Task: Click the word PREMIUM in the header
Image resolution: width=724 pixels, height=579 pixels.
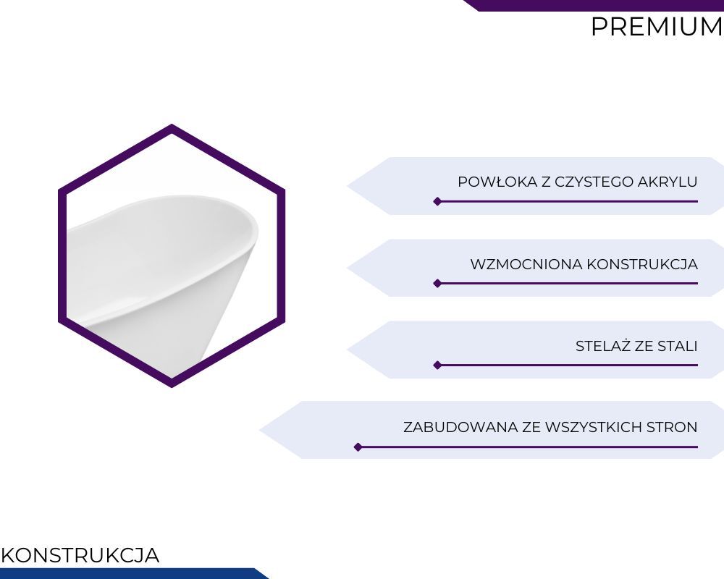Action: (x=657, y=27)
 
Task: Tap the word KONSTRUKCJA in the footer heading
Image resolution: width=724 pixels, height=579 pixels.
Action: (x=80, y=555)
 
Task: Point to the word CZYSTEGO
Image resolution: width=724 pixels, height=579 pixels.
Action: (x=594, y=182)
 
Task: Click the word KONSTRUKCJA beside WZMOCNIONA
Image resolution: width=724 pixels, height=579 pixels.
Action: (x=642, y=265)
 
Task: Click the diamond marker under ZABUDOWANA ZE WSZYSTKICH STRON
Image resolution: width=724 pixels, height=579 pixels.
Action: (x=358, y=447)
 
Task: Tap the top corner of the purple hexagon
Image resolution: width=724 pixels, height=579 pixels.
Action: (x=172, y=124)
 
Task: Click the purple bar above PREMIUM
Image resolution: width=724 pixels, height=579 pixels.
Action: (x=594, y=5)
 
